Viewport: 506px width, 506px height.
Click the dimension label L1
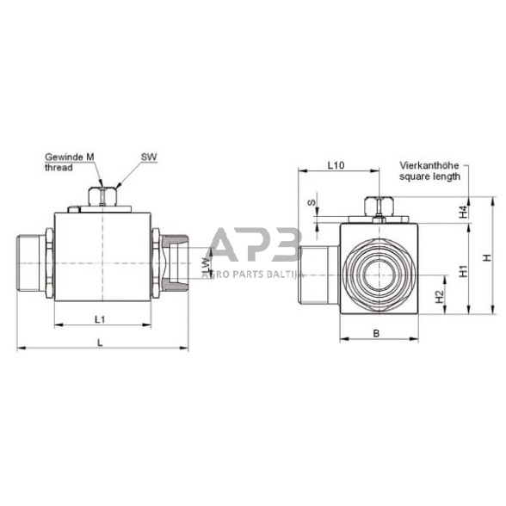[99, 318]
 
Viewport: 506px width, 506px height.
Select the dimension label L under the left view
[102, 342]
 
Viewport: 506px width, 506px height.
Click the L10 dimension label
[336, 164]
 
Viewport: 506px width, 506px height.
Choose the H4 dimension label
[462, 211]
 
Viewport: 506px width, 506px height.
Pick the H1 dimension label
[462, 269]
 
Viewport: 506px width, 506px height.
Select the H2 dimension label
[440, 297]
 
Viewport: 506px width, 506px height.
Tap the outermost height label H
[485, 257]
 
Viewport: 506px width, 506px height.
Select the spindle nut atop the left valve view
[103, 197]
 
